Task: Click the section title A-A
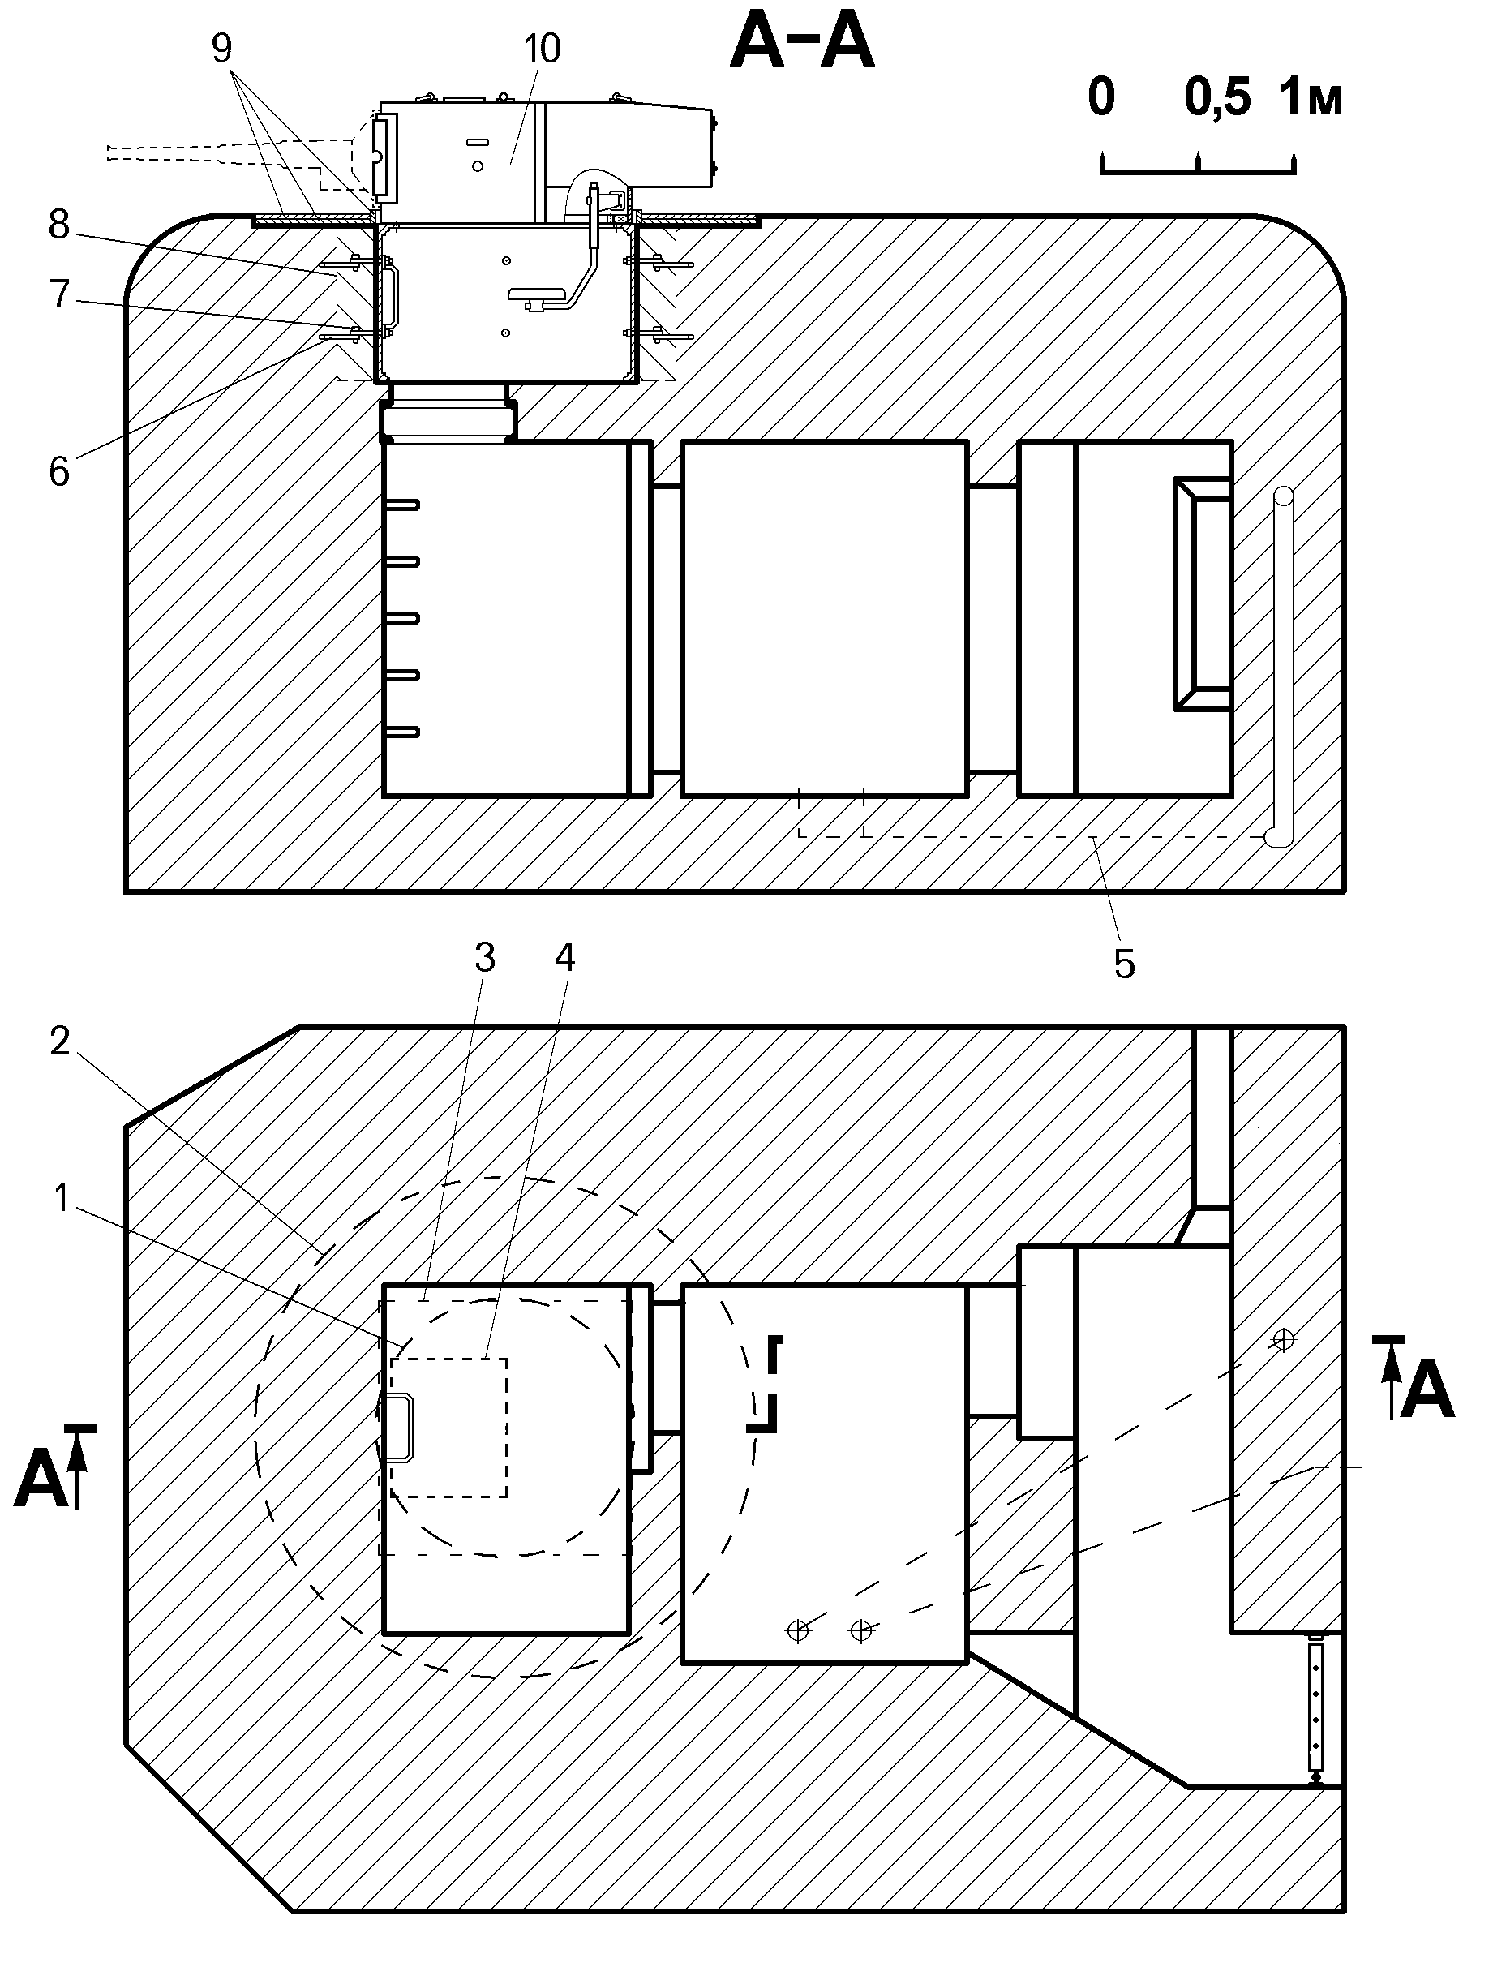[x=802, y=45]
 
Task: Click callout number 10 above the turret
[x=542, y=49]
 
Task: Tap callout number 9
[x=221, y=49]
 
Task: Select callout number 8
[x=58, y=225]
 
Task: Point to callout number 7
[x=58, y=294]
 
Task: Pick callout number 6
[x=58, y=472]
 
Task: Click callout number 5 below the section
[x=1124, y=964]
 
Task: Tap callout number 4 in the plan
[x=564, y=957]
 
